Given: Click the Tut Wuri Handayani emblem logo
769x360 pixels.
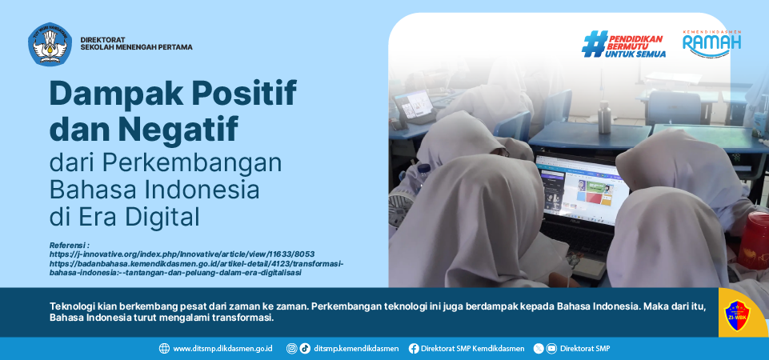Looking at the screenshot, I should (x=50, y=44).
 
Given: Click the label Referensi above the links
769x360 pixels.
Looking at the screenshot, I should (x=69, y=245).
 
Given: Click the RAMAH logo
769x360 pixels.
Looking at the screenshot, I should (x=711, y=45).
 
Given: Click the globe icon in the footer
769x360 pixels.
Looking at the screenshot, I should (x=164, y=348).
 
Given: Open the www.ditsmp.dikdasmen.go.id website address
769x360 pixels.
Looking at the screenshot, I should (x=222, y=349).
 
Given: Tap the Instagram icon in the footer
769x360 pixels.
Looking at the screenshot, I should (x=292, y=348).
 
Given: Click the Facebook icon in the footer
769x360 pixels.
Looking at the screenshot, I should (x=414, y=348).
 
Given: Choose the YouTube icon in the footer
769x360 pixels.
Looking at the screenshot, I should (x=552, y=348).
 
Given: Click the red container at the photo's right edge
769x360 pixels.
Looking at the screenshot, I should (x=754, y=240).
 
